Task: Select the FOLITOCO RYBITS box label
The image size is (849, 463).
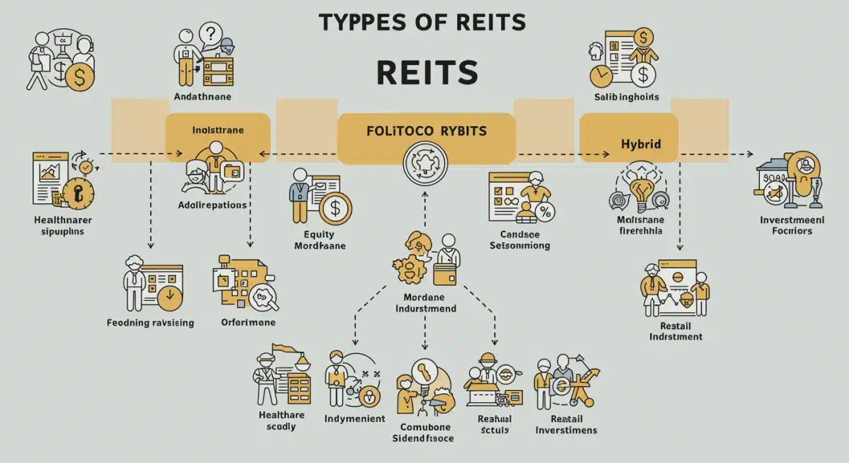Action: [426, 132]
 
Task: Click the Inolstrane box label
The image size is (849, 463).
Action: [218, 130]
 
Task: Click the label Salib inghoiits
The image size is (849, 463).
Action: [626, 96]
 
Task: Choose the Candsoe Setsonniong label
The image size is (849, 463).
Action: [519, 240]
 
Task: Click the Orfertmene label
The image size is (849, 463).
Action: [248, 323]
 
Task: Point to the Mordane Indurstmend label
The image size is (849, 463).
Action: [425, 303]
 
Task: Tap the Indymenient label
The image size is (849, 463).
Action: [354, 418]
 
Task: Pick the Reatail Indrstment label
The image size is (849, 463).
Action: [675, 331]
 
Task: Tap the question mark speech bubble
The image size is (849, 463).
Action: [211, 33]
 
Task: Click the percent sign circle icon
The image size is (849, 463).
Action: [545, 211]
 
